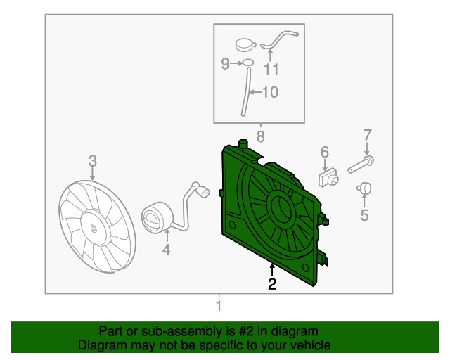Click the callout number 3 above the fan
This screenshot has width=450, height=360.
pyautogui.click(x=93, y=161)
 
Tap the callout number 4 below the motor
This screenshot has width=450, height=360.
pyautogui.click(x=167, y=249)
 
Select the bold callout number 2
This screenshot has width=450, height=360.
pyautogui.click(x=272, y=283)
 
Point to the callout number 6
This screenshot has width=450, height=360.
pyautogui.click(x=325, y=152)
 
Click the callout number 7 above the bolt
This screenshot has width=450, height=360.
pyautogui.click(x=367, y=135)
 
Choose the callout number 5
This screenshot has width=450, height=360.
pyautogui.click(x=364, y=215)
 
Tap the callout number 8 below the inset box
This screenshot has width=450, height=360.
pyautogui.click(x=261, y=136)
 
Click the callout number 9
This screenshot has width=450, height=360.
pyautogui.click(x=225, y=64)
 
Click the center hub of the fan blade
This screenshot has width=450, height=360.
pyautogui.click(x=94, y=229)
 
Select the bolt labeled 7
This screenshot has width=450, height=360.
pyautogui.click(x=361, y=164)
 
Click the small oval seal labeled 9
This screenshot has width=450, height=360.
pyautogui.click(x=248, y=63)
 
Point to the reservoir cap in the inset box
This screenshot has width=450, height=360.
pyautogui.click(x=245, y=45)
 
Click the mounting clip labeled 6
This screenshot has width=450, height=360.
pyautogui.click(x=328, y=177)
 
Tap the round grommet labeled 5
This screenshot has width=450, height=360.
pyautogui.click(x=364, y=188)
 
